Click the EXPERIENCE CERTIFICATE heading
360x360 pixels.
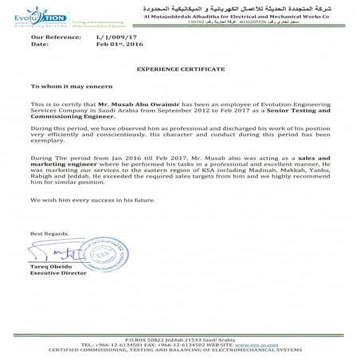click(179, 71)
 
